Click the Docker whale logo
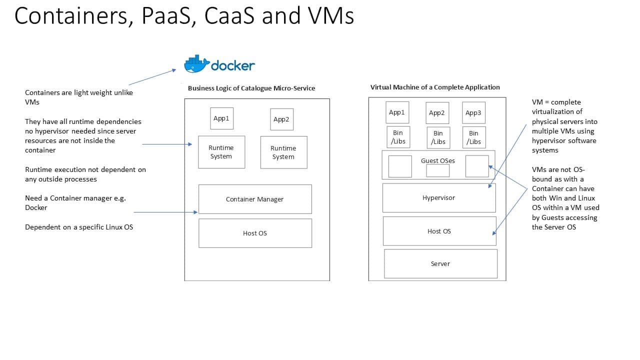tap(196, 64)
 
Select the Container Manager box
tap(255, 199)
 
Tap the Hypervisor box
tap(438, 197)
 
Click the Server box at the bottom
tap(440, 263)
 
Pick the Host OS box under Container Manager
tap(255, 233)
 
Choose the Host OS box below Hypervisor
tap(439, 231)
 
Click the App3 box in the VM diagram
tap(473, 112)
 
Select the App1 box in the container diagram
tap(221, 118)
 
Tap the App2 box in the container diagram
tap(281, 119)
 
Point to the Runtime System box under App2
tap(283, 152)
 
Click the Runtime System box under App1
tap(221, 152)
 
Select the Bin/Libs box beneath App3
tap(473, 137)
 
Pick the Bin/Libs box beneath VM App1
tap(398, 137)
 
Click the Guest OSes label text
tap(438, 160)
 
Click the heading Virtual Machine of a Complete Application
tap(435, 87)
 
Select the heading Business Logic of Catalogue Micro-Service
tap(251, 88)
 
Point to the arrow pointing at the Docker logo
tap(152, 77)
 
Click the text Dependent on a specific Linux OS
tap(79, 227)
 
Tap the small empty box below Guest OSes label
tap(437, 170)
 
